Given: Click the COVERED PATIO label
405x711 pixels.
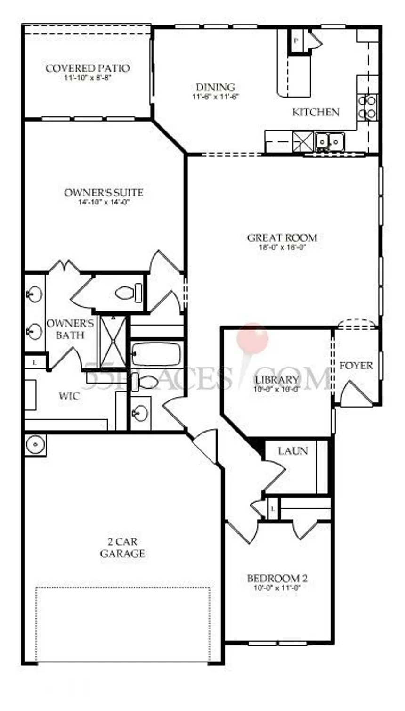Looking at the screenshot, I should click(88, 68).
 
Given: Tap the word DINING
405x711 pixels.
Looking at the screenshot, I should click(215, 87).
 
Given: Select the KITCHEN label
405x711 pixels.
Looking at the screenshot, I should click(316, 112).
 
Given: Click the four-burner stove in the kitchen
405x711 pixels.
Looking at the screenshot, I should click(367, 107).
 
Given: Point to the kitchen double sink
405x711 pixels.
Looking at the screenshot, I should click(329, 140).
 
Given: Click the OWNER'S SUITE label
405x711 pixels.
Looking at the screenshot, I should click(104, 193).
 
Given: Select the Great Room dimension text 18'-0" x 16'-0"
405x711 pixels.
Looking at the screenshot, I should click(282, 247).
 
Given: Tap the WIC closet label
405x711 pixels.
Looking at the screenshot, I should click(69, 396).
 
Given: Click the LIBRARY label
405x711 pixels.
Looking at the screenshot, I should click(277, 379).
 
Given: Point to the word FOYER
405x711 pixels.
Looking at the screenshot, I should click(356, 366).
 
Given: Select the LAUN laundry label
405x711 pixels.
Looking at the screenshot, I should click(293, 451).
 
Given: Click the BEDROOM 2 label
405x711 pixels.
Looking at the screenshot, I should click(277, 578).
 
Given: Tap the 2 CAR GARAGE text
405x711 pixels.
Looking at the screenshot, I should click(122, 548).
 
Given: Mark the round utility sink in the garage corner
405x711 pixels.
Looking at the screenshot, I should click(35, 444).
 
